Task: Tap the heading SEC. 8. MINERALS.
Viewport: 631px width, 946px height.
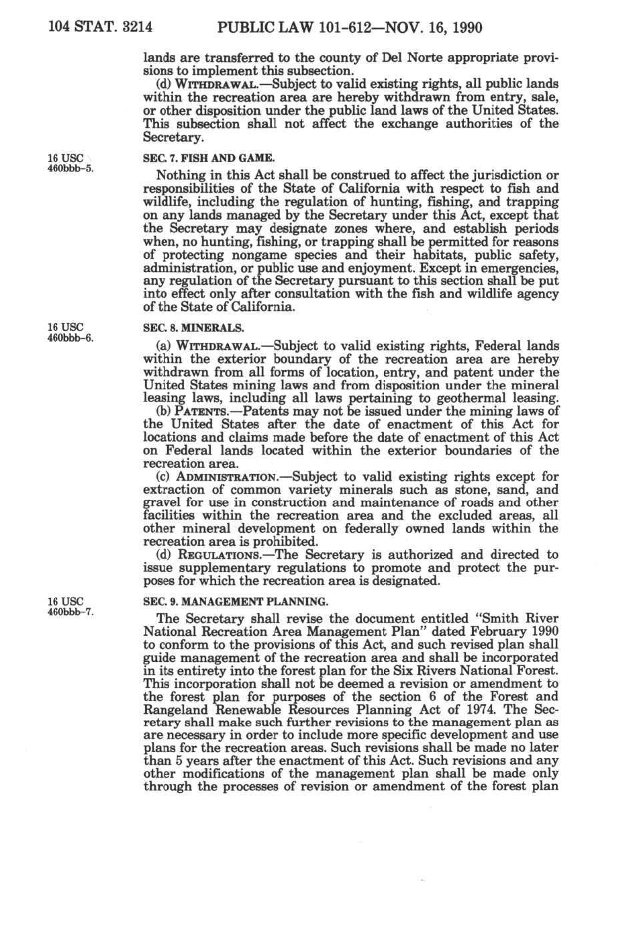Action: (193, 328)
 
